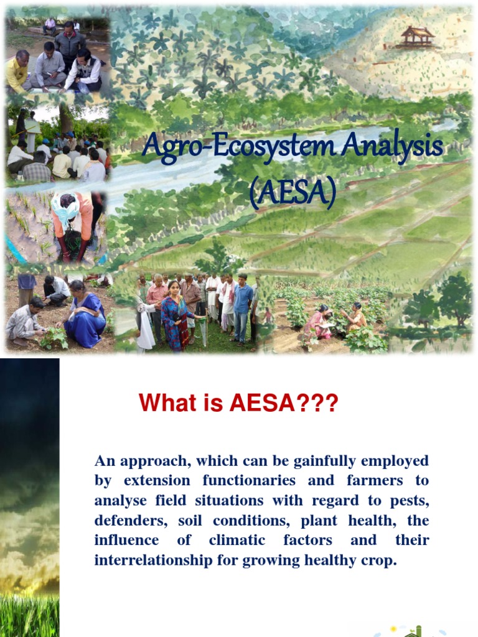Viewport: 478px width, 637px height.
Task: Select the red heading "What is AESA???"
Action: (x=238, y=403)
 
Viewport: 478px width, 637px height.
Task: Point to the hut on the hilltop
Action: (x=416, y=38)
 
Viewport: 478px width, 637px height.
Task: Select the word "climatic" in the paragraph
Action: (x=237, y=540)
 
